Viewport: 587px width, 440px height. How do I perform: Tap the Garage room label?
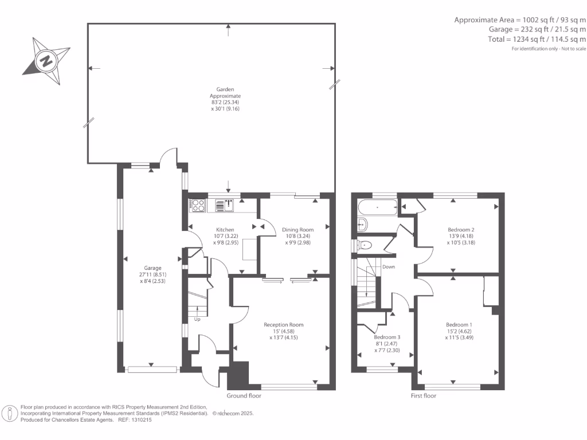point(152,268)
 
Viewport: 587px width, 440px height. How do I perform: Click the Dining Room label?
point(299,230)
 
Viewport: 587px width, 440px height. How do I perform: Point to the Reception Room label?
point(283,325)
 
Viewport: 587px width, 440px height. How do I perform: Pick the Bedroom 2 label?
point(461,230)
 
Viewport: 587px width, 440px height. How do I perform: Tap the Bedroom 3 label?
point(387,337)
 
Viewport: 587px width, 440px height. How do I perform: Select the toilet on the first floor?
point(365,245)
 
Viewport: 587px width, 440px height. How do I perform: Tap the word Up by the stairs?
point(197,320)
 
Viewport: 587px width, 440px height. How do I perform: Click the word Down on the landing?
point(389,267)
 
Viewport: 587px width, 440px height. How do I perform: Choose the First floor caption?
point(424,396)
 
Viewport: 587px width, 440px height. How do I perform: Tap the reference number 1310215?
point(139,420)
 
